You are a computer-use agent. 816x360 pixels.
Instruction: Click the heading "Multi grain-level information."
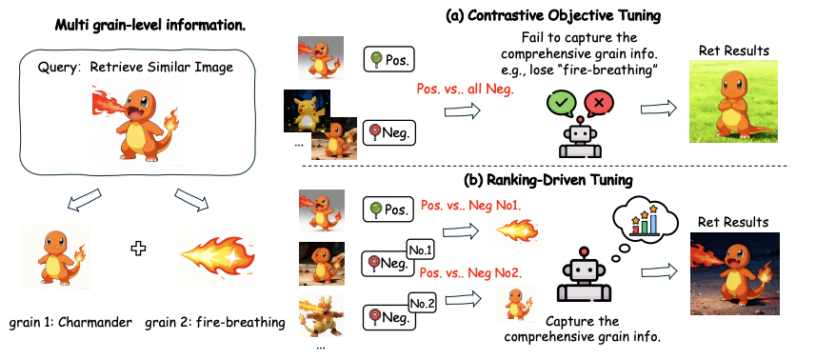149,26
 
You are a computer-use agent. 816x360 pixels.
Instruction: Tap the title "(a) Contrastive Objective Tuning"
552,15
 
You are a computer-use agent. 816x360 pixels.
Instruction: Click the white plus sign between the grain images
138,249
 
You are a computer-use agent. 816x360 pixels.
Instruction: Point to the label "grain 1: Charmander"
70,323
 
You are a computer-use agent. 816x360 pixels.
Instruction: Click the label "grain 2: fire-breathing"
215,323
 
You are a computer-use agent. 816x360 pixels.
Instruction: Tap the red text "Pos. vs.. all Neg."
466,90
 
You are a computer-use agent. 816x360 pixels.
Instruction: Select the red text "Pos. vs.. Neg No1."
470,206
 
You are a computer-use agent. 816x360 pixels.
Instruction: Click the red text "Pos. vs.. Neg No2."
471,272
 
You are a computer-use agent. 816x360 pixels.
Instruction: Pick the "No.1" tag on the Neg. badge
421,250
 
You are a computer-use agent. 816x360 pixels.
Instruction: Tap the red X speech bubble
598,104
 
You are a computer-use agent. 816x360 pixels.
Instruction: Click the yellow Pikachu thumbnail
307,111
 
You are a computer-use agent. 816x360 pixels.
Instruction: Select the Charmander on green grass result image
733,102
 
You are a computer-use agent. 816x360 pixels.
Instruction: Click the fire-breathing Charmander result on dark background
734,273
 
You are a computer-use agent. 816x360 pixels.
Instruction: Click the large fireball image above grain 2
217,255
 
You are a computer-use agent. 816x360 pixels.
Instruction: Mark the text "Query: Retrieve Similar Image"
135,67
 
